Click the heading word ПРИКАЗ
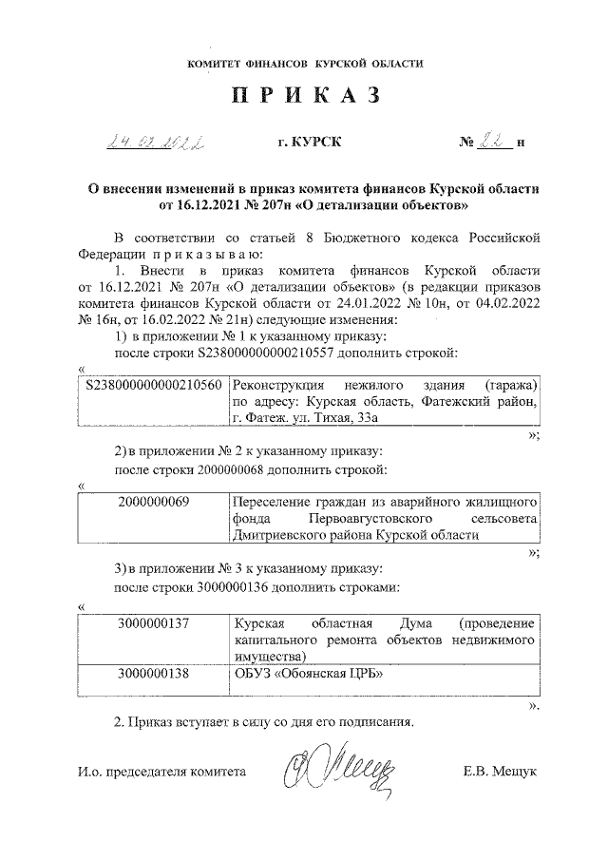[305, 97]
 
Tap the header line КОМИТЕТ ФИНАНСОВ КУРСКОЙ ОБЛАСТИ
[305, 63]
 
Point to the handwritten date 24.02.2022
[160, 143]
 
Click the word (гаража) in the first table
[511, 387]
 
